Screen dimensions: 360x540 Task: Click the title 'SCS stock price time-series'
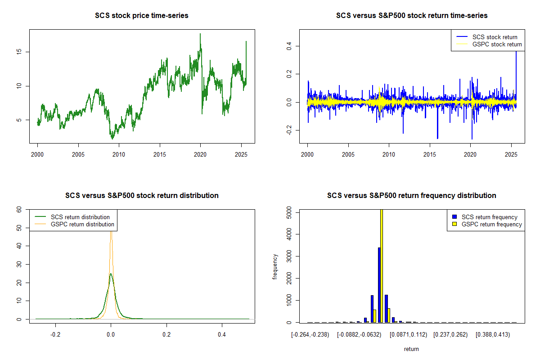[142, 16]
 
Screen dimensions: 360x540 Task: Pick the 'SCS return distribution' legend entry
[80, 217]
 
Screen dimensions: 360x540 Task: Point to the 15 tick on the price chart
[21, 52]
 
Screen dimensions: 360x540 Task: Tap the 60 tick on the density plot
[19, 210]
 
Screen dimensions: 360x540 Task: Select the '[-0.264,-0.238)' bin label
[310, 334]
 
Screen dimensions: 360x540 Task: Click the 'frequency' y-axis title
[275, 266]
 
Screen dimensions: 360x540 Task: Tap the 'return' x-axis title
[411, 349]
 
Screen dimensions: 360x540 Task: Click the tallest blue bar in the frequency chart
[379, 285]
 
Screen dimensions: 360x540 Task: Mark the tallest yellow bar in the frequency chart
[382, 265]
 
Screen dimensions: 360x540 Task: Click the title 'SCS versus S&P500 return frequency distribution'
[411, 196]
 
